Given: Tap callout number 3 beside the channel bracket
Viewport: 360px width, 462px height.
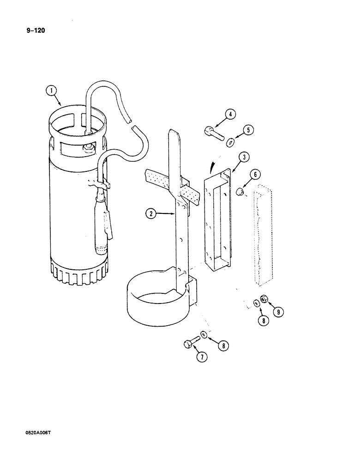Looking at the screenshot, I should point(244,158).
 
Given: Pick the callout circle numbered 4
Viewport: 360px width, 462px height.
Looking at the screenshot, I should point(230,114).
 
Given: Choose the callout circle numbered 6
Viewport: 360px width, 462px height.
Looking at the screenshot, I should point(257,175).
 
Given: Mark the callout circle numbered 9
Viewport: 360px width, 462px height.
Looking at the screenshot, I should point(278,312).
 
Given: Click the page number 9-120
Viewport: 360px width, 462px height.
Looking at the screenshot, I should point(32,31).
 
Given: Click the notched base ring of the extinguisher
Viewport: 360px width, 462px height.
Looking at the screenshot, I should point(79,273).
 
